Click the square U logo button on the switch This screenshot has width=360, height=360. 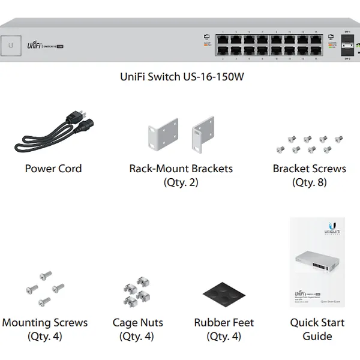(11, 44)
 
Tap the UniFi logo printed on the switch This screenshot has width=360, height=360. (34, 44)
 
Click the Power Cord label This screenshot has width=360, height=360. (53, 169)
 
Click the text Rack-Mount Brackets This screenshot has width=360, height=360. (181, 169)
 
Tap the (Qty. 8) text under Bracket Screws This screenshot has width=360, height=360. (309, 182)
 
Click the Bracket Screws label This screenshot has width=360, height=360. (309, 169)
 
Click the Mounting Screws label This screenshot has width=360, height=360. (45, 323)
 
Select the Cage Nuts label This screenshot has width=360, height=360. (137, 323)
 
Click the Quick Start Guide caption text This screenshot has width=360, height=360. (317, 329)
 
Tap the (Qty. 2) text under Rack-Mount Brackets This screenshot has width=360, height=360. (181, 182)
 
